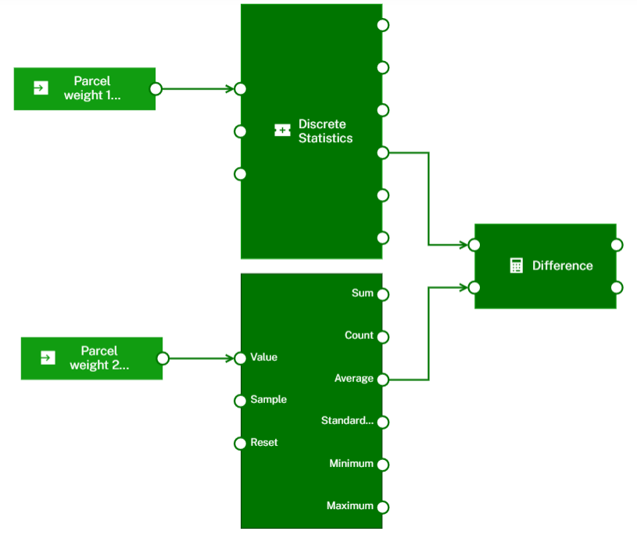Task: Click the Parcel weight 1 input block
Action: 84,88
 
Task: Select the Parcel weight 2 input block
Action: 91,358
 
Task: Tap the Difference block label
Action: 562,266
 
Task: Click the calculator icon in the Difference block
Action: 516,266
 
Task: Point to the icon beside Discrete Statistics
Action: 282,131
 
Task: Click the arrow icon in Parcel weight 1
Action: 41,88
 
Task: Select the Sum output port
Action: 382,294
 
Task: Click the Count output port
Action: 382,337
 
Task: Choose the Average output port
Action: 382,380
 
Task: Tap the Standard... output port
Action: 382,422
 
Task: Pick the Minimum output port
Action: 382,465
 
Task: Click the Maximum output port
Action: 382,507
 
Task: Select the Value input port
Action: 241,358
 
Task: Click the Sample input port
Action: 241,401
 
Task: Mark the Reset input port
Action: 241,444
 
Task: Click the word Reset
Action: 264,443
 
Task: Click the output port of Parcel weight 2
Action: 163,358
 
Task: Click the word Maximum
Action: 349,506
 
